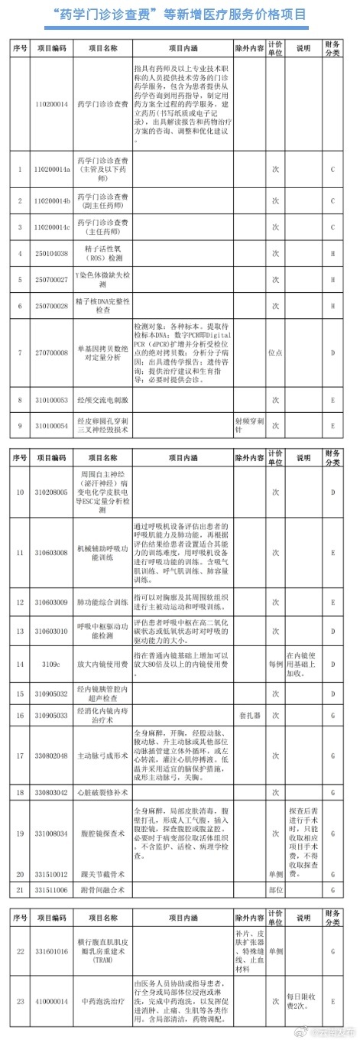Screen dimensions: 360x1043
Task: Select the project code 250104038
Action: coord(52,253)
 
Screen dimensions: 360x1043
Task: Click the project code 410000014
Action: coord(52,1000)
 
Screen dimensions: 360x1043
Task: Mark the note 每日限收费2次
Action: coord(301,1000)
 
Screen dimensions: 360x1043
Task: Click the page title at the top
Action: coord(180,15)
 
